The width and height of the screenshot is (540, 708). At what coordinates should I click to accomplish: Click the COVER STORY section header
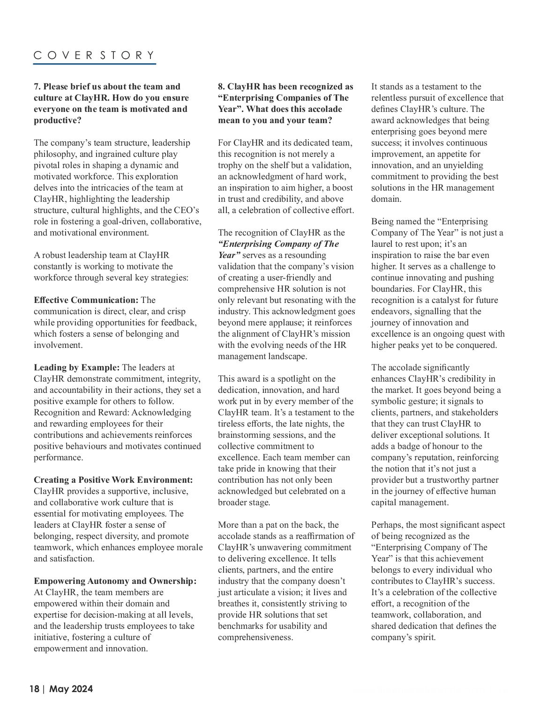[x=94, y=55]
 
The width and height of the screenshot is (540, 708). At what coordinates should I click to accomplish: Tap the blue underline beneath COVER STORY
[x=94, y=63]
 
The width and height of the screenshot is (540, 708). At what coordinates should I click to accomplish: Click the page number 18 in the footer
[x=34, y=689]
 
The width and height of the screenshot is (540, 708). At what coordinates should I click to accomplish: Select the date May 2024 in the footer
[x=71, y=689]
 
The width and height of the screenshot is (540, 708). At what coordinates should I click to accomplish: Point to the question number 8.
[x=221, y=87]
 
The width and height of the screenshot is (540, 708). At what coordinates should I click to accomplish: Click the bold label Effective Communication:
[x=86, y=300]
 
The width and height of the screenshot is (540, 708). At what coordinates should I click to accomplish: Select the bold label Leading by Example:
[x=77, y=368]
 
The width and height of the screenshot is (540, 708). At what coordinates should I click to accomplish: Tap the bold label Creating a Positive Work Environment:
[x=113, y=480]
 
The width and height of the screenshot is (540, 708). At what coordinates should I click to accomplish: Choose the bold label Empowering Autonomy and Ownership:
[x=115, y=581]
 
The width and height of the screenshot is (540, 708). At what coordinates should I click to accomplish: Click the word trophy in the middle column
[x=230, y=165]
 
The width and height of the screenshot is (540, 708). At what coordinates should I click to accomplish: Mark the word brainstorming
[x=244, y=435]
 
